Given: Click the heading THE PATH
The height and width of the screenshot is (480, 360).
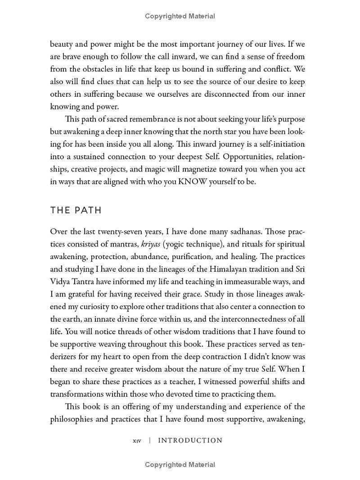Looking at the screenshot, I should [76, 211].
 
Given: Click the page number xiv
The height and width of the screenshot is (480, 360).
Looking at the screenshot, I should [137, 441].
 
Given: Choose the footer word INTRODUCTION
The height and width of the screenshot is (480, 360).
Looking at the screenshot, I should [190, 440].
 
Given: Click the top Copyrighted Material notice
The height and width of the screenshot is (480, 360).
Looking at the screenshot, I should [180, 16].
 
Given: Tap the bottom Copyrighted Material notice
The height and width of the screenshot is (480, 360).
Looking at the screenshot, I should [180, 465].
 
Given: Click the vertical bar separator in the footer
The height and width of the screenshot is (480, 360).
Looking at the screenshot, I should [149, 441].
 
